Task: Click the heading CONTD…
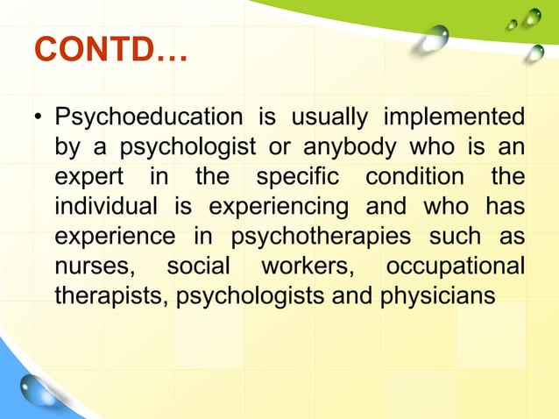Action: pyautogui.click(x=110, y=51)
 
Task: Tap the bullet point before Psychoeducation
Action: pyautogui.click(x=38, y=117)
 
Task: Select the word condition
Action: pyautogui.click(x=414, y=176)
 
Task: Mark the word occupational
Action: pyautogui.click(x=456, y=266)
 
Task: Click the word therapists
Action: pyautogui.click(x=110, y=295)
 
